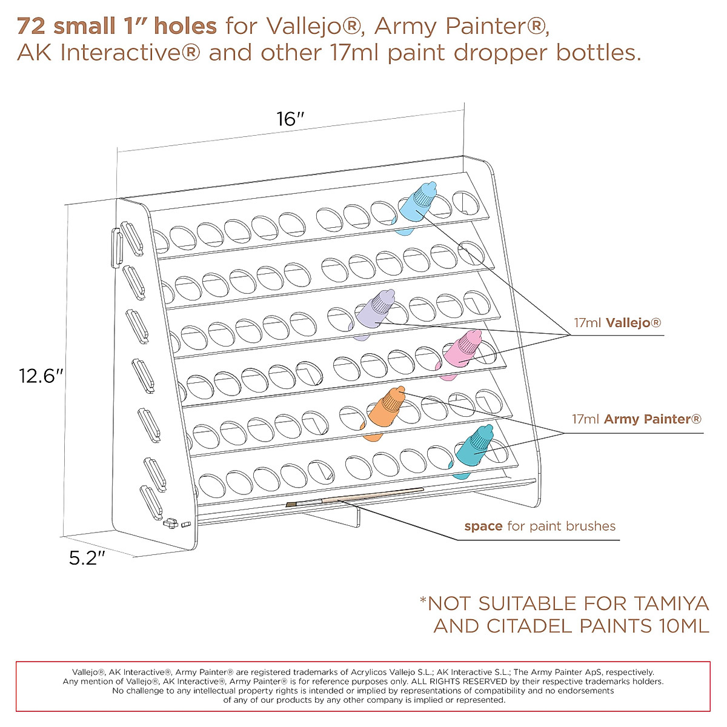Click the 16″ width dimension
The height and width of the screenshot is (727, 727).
click(x=290, y=119)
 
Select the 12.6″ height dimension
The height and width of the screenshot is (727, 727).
click(x=41, y=376)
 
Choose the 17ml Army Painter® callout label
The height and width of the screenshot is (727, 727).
click(x=637, y=419)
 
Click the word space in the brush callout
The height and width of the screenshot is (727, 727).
click(x=483, y=526)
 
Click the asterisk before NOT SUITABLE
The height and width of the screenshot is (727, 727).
click(x=423, y=602)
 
